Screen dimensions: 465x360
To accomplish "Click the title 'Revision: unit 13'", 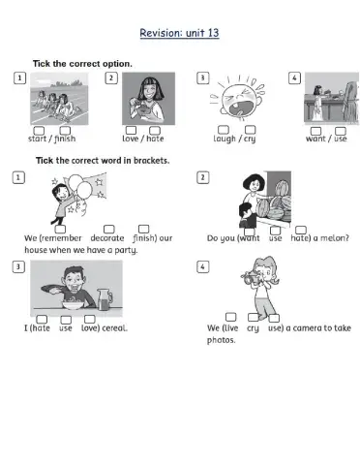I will pyautogui.click(x=179, y=33).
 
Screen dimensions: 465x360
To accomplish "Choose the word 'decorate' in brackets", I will pyautogui.click(x=106, y=238).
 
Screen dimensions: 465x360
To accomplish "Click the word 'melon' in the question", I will pyautogui.click(x=334, y=238).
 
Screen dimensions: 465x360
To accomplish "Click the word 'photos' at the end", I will pyautogui.click(x=221, y=340).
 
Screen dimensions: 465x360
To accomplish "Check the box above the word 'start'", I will pyautogui.click(x=39, y=129).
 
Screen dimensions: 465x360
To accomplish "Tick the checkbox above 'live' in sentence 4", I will pyautogui.click(x=230, y=317).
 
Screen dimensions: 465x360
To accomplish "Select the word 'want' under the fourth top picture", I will pyautogui.click(x=315, y=139).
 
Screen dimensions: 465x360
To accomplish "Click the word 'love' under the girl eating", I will pyautogui.click(x=130, y=139).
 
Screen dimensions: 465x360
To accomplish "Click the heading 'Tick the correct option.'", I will pyautogui.click(x=82, y=63).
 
